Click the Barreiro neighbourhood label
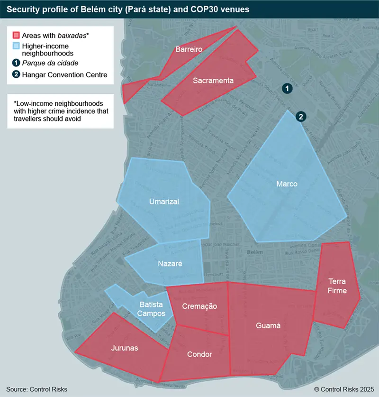click(189, 49)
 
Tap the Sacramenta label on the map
click(213, 81)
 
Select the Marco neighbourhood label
click(287, 184)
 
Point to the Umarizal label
click(164, 202)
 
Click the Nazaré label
click(169, 263)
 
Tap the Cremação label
click(199, 306)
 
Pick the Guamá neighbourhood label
click(268, 326)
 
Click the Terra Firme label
click(337, 286)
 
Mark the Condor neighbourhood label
click(196, 354)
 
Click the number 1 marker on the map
click(286, 88)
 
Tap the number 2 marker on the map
click(300, 117)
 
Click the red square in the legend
click(16, 36)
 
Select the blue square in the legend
click(16, 46)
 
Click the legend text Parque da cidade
click(50, 63)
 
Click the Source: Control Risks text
click(37, 389)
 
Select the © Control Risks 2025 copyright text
click(343, 389)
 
